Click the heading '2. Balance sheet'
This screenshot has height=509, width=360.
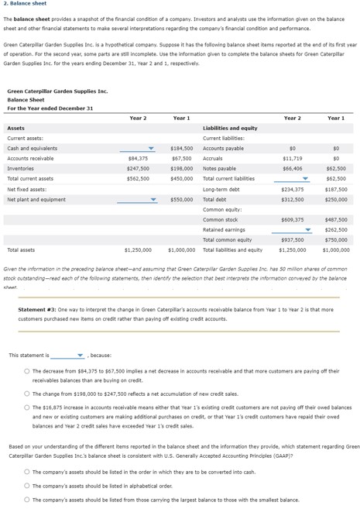coord(26,4)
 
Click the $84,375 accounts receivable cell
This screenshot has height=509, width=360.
coord(138,158)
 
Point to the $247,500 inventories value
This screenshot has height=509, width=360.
coord(138,168)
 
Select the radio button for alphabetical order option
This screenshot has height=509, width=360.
coord(26,486)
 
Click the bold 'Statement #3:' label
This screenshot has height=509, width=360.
coord(36,310)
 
